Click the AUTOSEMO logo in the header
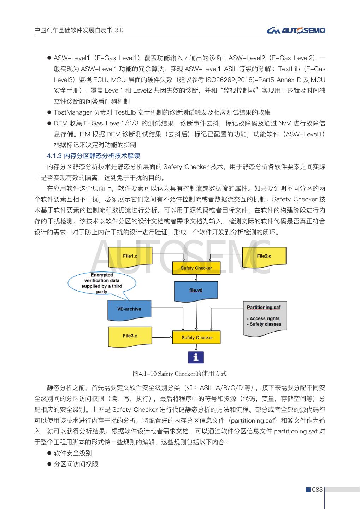[296, 31]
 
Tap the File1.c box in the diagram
[130, 256]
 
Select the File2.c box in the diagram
[264, 256]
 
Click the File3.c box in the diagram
[130, 336]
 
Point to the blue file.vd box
[195, 290]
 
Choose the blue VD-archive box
[129, 309]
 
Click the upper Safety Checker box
[196, 268]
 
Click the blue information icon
[196, 357]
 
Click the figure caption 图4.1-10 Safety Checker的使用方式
[179, 374]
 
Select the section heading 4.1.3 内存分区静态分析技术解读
[94, 156]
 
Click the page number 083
[318, 490]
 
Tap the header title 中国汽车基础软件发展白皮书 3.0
[79, 30]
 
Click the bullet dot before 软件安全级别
[49, 453]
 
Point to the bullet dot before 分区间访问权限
[49, 464]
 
